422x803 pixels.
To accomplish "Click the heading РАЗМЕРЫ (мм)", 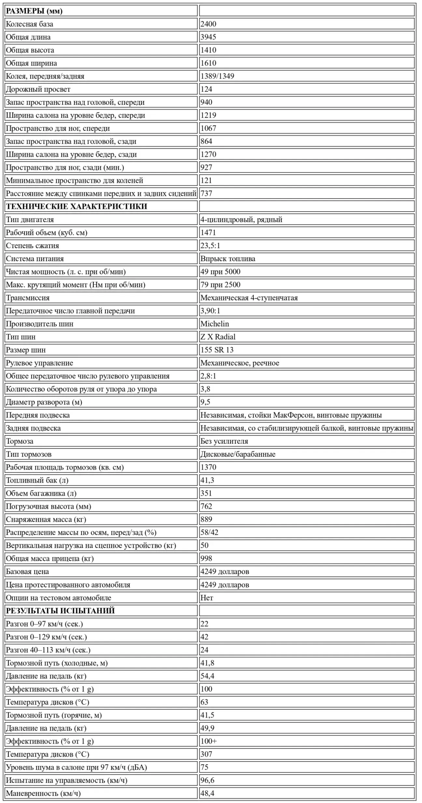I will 34,11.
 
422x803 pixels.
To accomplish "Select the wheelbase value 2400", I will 208,24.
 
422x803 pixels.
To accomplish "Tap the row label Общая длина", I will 28,37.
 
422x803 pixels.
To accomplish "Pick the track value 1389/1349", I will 217,76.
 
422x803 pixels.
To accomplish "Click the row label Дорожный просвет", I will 38,89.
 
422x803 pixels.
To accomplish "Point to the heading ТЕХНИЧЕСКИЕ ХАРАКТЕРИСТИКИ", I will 77,206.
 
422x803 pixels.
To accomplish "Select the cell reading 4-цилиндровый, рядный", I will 241,219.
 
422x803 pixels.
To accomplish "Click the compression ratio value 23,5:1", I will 210,245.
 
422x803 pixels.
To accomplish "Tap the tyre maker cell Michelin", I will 215,324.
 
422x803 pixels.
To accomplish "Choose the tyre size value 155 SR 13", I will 217,350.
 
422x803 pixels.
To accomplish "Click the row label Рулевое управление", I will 39,363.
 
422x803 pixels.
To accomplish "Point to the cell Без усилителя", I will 224,441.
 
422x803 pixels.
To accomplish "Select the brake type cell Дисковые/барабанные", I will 238,454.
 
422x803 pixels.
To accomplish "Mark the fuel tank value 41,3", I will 207,480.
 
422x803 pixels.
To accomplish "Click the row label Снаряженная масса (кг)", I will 46,519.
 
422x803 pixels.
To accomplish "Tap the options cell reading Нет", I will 207,598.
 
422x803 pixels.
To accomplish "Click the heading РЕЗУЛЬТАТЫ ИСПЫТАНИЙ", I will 60,611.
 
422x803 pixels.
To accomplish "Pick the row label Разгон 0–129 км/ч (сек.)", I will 46,637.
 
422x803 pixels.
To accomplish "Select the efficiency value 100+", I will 208,741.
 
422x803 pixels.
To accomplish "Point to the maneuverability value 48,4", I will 207,793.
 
